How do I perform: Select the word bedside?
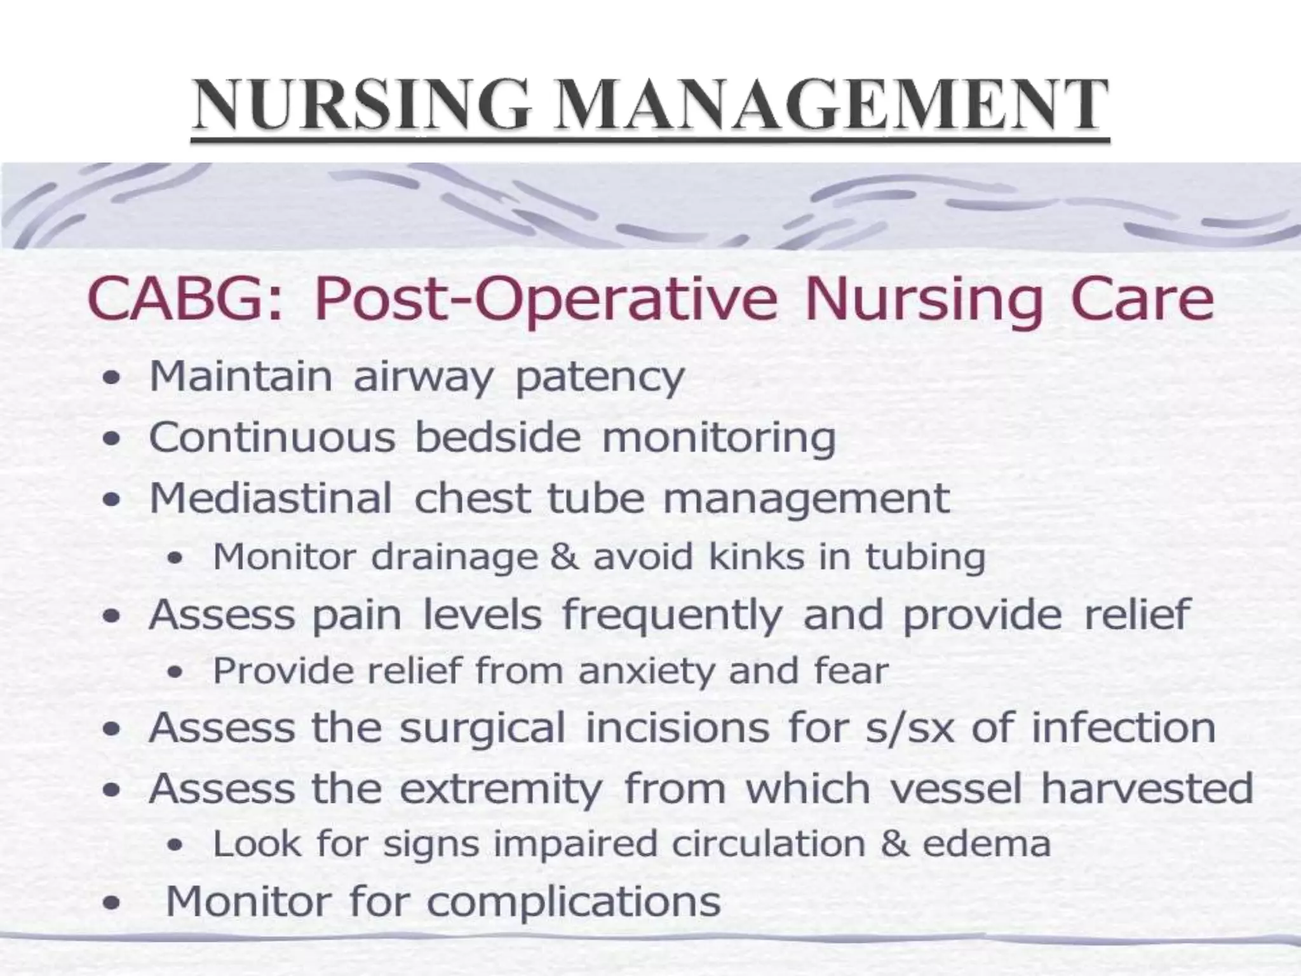(497, 438)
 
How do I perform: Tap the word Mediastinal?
(271, 498)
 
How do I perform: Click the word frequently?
(672, 616)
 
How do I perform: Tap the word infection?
(1123, 728)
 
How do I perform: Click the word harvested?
(1147, 788)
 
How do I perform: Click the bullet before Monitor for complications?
(112, 903)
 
